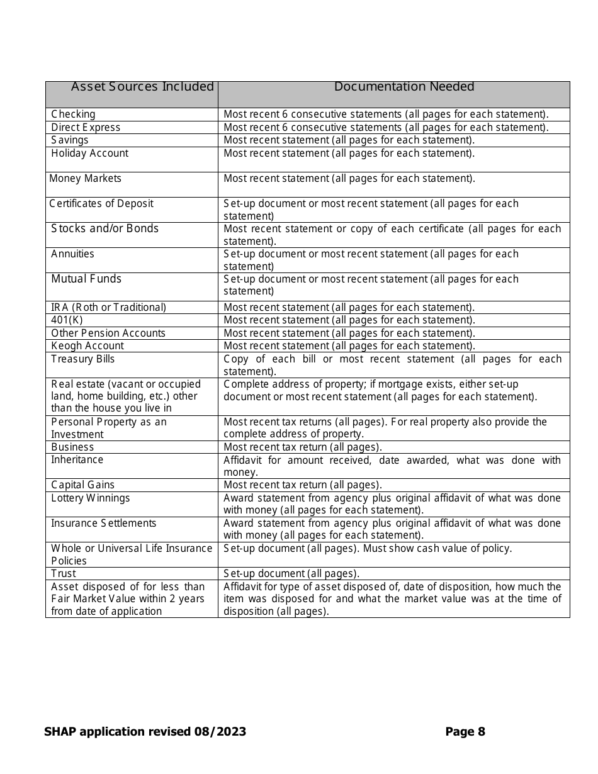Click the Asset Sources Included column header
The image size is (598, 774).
(x=142, y=87)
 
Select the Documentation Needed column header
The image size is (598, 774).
(x=404, y=87)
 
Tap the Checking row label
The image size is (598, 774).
(x=73, y=115)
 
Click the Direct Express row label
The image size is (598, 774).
(x=86, y=128)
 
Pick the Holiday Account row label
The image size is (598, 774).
(x=89, y=154)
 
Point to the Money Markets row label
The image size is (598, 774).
(x=85, y=179)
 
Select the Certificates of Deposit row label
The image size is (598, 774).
(x=101, y=204)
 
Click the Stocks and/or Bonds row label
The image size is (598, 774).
(x=104, y=228)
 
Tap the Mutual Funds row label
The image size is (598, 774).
(x=86, y=279)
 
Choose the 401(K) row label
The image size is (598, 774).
(x=67, y=320)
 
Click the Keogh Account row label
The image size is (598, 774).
(x=87, y=346)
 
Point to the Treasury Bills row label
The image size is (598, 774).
(x=83, y=359)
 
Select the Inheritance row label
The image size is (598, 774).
(x=77, y=460)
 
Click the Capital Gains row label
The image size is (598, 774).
(x=82, y=485)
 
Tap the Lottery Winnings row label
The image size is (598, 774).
(x=90, y=498)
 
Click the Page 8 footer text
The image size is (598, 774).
(x=465, y=732)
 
